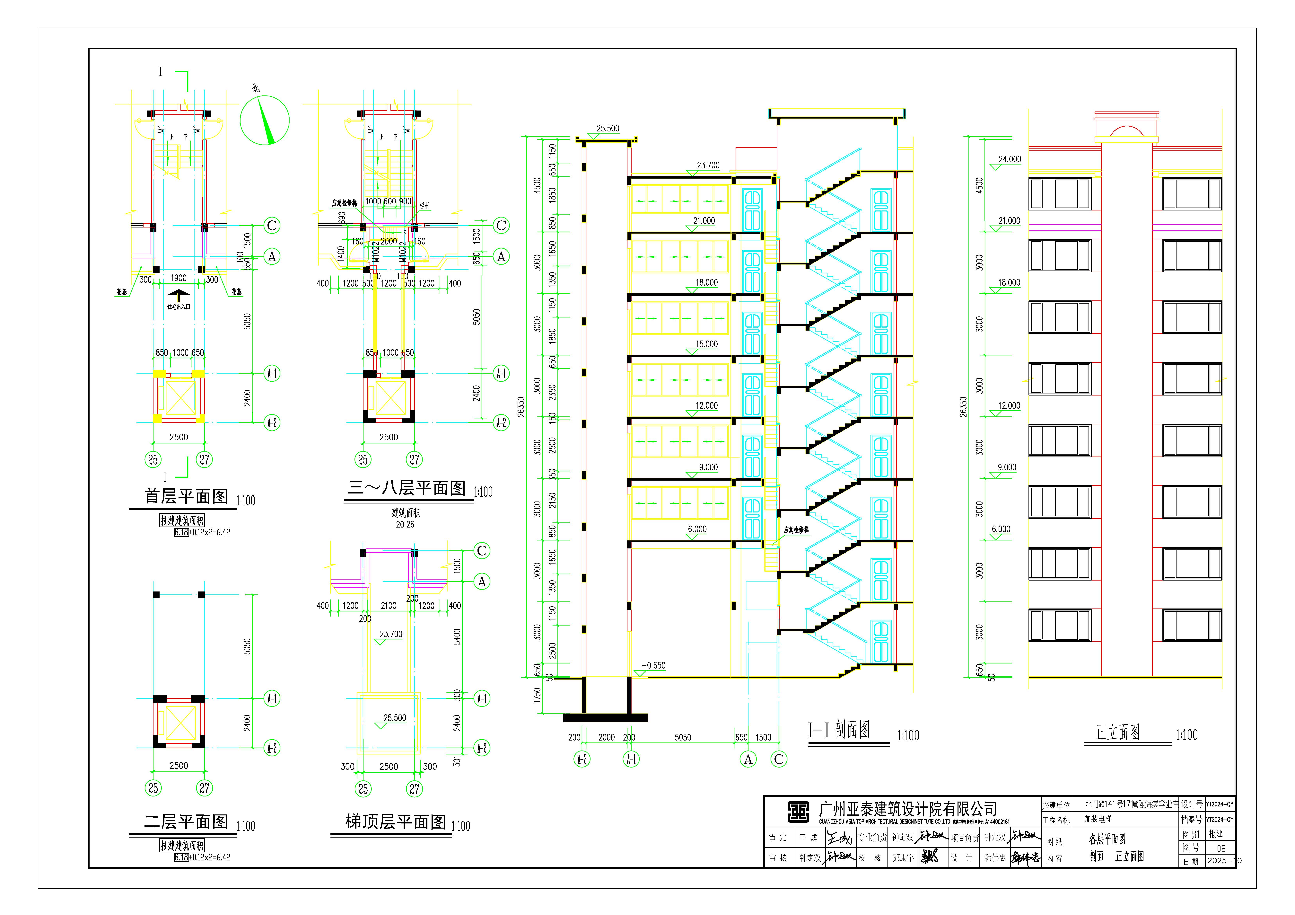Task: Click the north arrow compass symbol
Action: click(x=265, y=120)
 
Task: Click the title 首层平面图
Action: click(x=186, y=496)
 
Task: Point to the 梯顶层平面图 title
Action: click(x=395, y=822)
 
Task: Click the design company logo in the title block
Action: click(x=798, y=812)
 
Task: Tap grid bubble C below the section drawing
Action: click(x=779, y=759)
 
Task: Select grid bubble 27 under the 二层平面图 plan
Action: click(x=204, y=788)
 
